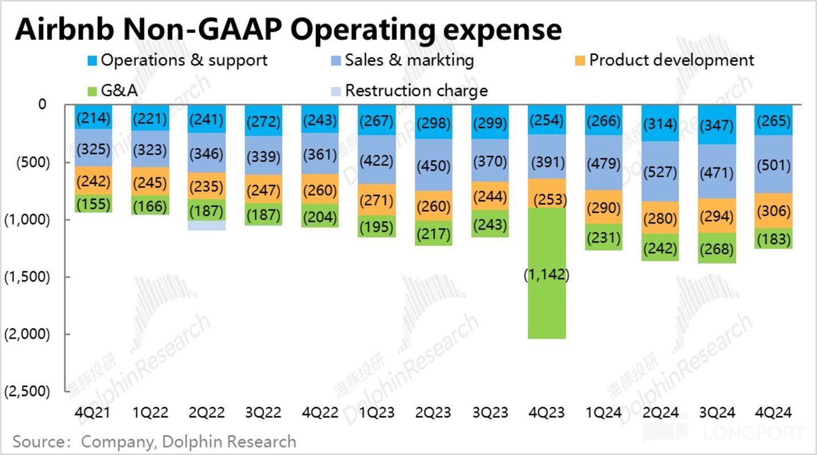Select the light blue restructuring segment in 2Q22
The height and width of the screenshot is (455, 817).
(x=207, y=226)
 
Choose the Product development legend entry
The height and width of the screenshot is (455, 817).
(x=664, y=60)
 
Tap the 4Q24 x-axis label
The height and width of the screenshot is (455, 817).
(x=773, y=413)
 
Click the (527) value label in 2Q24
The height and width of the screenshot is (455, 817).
(x=660, y=171)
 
